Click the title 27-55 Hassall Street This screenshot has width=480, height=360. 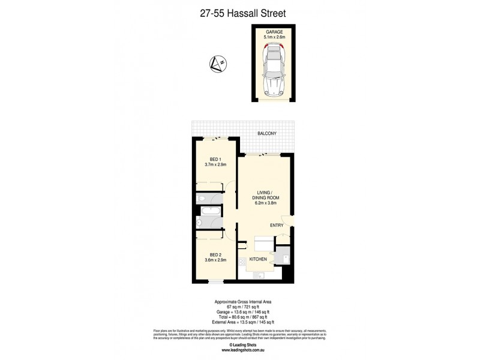tap(239, 11)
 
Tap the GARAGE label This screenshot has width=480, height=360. tap(273, 31)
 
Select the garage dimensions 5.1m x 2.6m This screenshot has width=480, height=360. tap(273, 37)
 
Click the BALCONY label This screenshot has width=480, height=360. tap(267, 133)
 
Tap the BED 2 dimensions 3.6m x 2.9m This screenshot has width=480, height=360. tap(214, 260)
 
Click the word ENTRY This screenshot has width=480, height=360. tap(276, 225)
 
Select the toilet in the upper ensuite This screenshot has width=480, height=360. tap(202, 199)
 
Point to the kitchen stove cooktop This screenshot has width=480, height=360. tap(242, 262)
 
